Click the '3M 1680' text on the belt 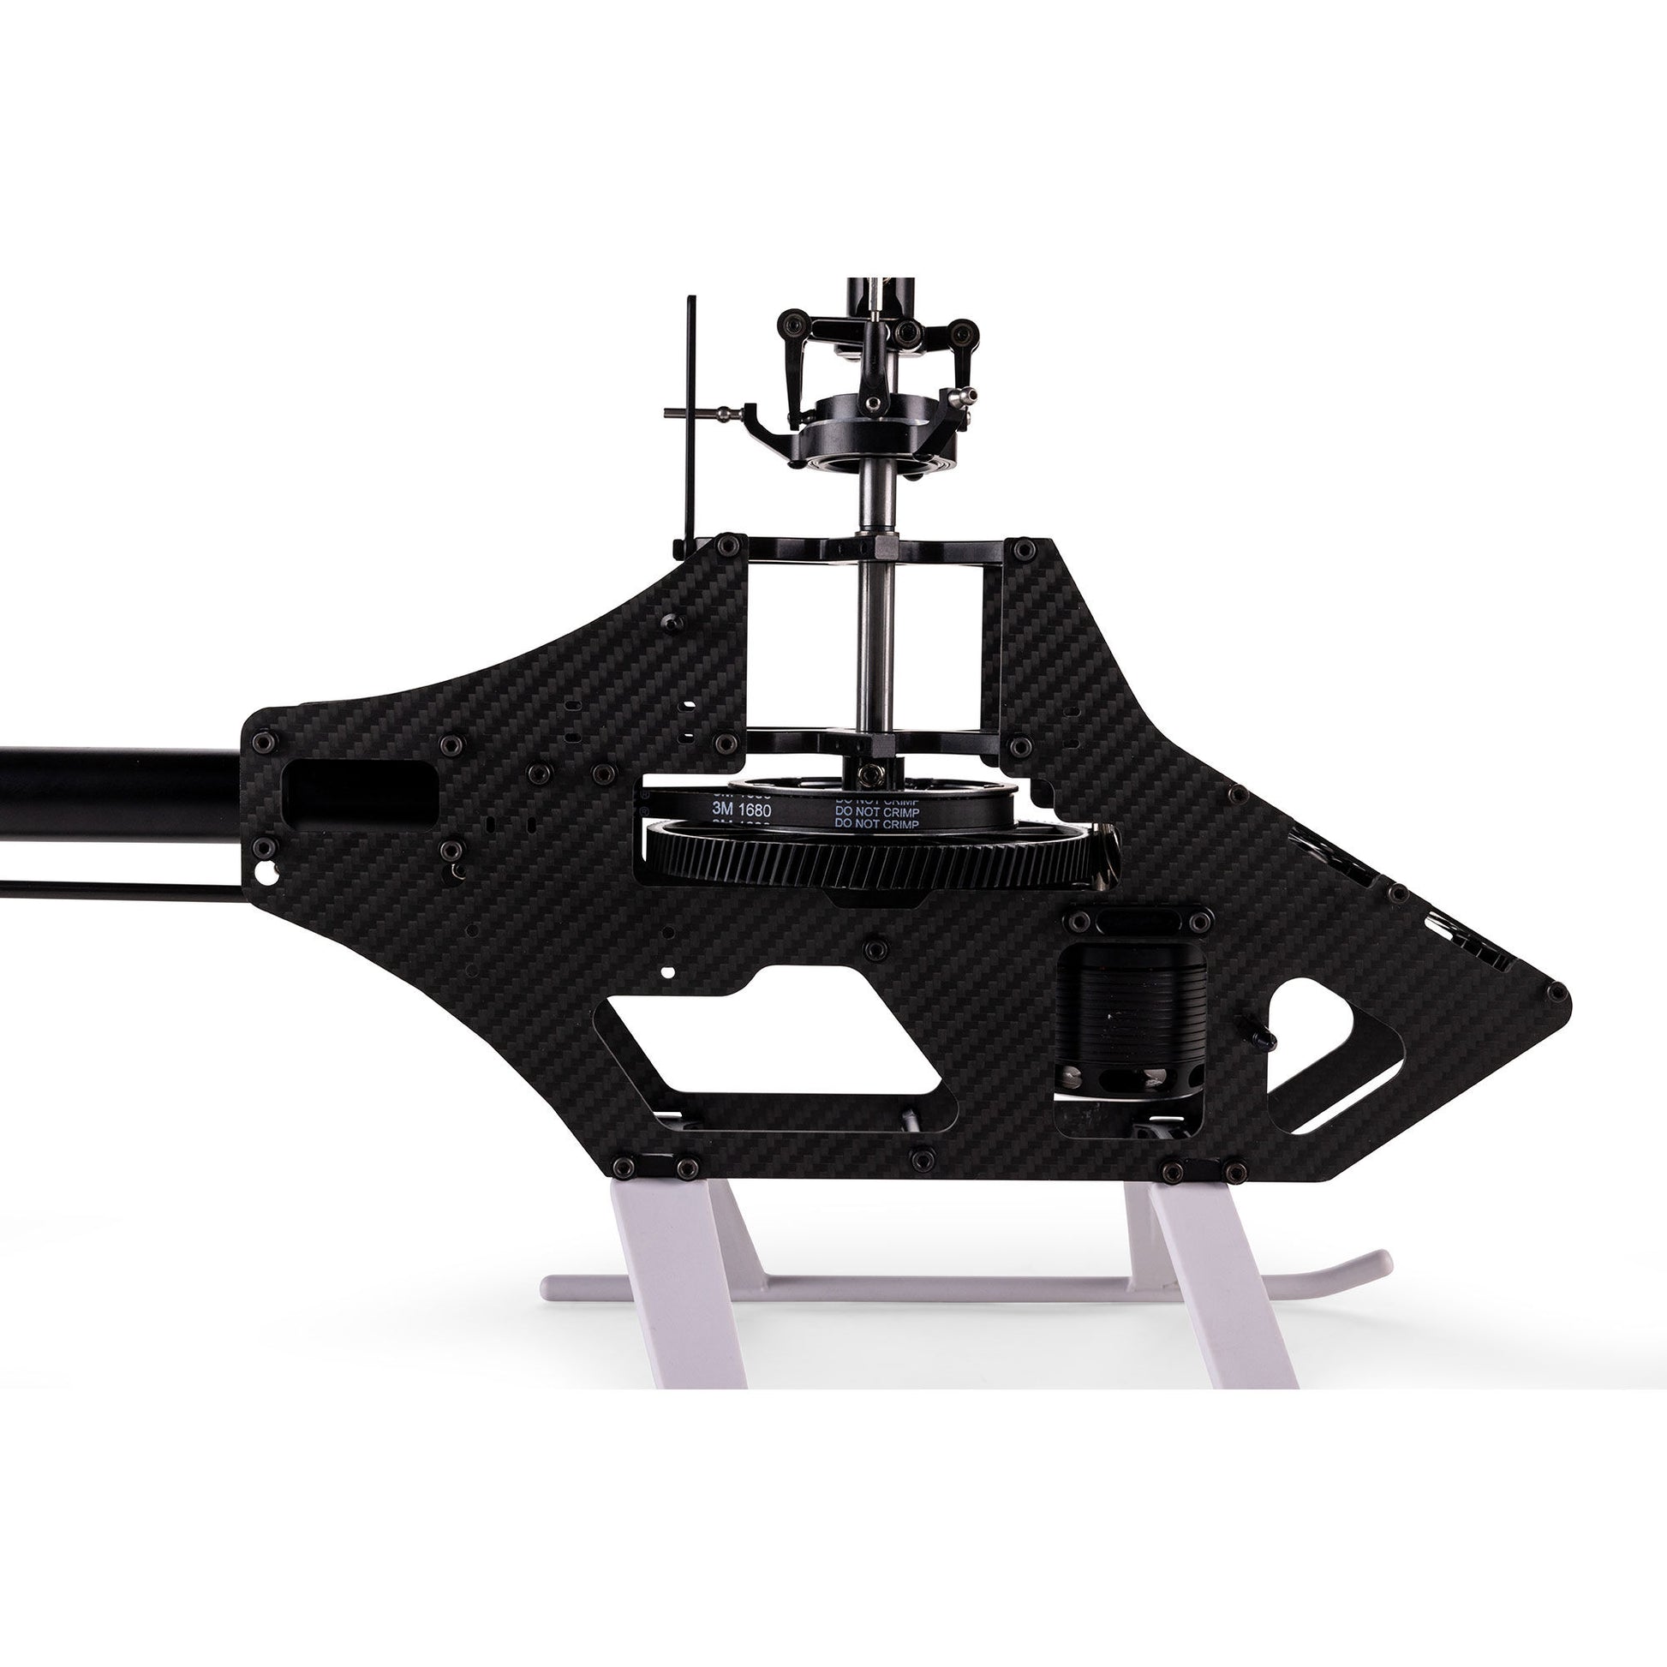pos(741,810)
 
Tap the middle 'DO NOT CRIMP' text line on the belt pos(875,811)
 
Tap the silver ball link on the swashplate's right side pos(963,397)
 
